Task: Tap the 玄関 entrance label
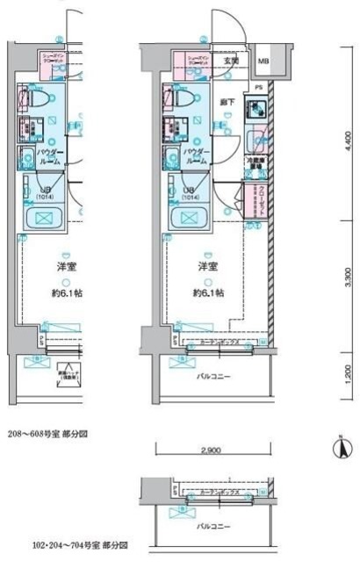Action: coord(230,60)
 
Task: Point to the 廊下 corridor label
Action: coord(227,101)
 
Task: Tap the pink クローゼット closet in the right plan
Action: coord(259,199)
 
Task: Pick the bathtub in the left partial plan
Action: coord(41,220)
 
